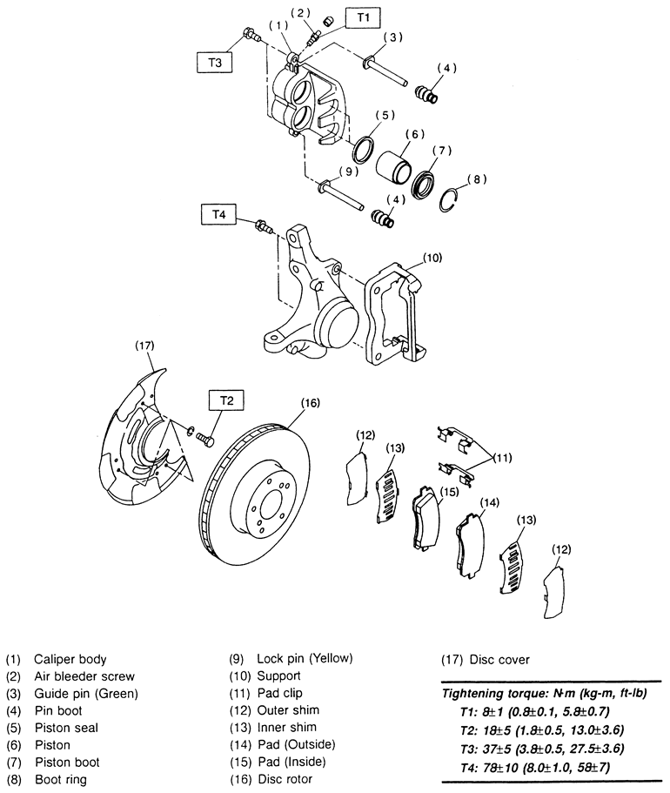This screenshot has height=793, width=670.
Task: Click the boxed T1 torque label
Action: point(363,17)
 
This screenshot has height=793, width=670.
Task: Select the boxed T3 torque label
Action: point(214,62)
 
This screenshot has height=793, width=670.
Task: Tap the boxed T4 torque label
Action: point(218,214)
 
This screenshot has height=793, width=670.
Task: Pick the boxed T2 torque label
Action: point(227,400)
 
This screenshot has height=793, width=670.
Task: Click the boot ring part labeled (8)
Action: point(449,199)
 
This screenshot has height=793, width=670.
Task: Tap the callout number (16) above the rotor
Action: point(311,402)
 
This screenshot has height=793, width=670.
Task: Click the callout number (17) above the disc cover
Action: point(144,346)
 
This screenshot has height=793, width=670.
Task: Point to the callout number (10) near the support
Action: point(432,258)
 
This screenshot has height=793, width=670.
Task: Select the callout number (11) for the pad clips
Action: point(501,458)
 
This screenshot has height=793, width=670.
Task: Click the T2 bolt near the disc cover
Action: point(204,438)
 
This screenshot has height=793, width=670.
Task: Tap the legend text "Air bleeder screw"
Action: point(84,676)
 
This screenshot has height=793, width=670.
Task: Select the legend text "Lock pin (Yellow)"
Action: point(305,658)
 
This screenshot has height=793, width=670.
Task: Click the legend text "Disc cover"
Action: point(499,660)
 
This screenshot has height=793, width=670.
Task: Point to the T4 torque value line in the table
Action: point(535,767)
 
